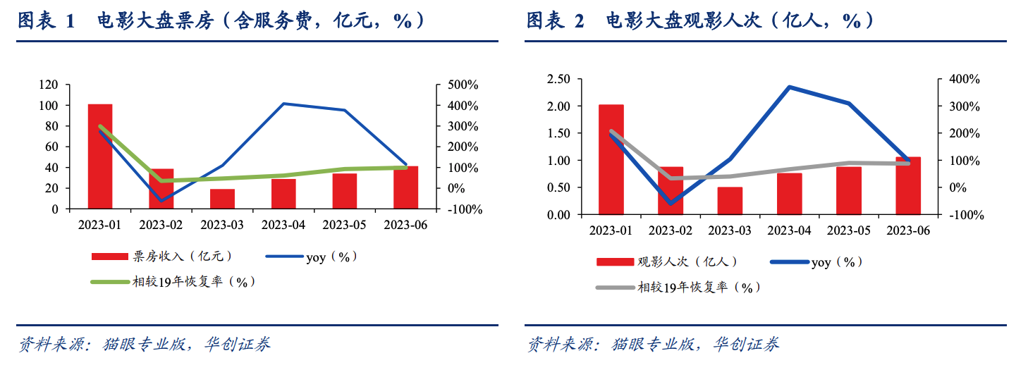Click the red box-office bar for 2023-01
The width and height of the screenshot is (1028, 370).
pyautogui.click(x=100, y=156)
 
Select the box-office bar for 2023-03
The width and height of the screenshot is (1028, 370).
pyautogui.click(x=222, y=199)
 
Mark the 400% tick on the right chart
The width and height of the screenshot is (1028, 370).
pyautogui.click(x=964, y=79)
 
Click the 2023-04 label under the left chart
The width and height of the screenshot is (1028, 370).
pyautogui.click(x=283, y=226)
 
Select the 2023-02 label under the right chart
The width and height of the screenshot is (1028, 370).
pyautogui.click(x=671, y=231)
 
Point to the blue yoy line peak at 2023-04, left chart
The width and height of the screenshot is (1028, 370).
pyautogui.click(x=283, y=104)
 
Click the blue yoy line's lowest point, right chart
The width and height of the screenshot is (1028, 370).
pyautogui.click(x=671, y=204)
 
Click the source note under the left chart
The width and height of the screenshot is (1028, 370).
pyautogui.click(x=145, y=345)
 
